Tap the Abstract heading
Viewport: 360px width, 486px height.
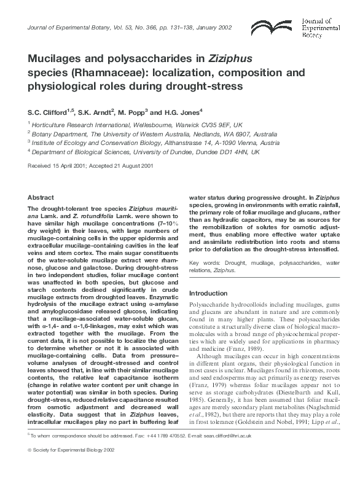pos(41,197)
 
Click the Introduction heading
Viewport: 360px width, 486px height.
pos(208,293)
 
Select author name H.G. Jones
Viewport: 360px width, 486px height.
pos(179,112)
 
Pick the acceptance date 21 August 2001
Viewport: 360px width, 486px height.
pos(123,166)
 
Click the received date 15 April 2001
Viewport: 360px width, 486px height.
pos(57,166)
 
